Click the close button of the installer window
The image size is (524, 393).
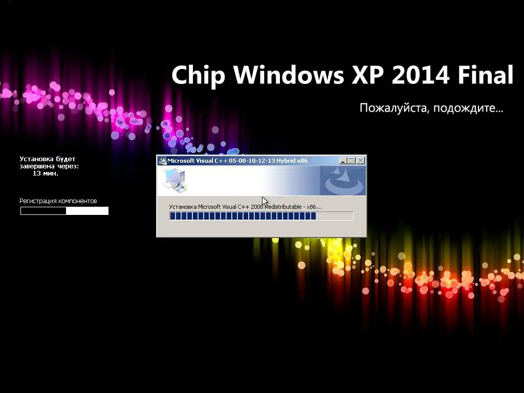tap(361, 161)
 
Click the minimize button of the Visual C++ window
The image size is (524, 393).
tap(343, 161)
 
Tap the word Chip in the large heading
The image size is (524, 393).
tap(198, 75)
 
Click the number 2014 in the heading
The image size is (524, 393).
tap(421, 75)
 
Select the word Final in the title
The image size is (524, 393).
tap(485, 74)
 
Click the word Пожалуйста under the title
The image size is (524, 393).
tap(394, 108)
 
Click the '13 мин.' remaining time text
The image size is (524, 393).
tap(46, 173)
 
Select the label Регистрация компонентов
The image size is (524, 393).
tap(58, 201)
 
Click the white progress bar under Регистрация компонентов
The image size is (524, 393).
tap(64, 211)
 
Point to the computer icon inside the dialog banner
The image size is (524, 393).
tap(175, 181)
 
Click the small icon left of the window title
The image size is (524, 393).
tap(162, 161)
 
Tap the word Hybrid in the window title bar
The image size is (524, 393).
tap(286, 161)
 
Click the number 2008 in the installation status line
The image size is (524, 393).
tap(257, 207)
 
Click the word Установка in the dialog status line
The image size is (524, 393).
tap(183, 207)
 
